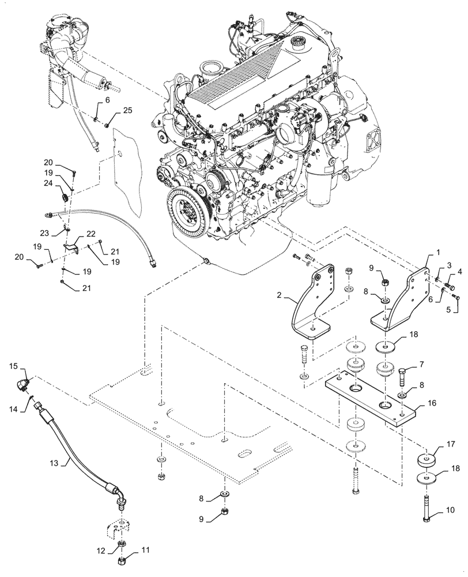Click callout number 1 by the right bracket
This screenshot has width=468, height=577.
point(438,253)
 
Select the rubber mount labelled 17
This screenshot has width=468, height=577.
point(427,462)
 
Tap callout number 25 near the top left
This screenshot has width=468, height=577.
point(127,110)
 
